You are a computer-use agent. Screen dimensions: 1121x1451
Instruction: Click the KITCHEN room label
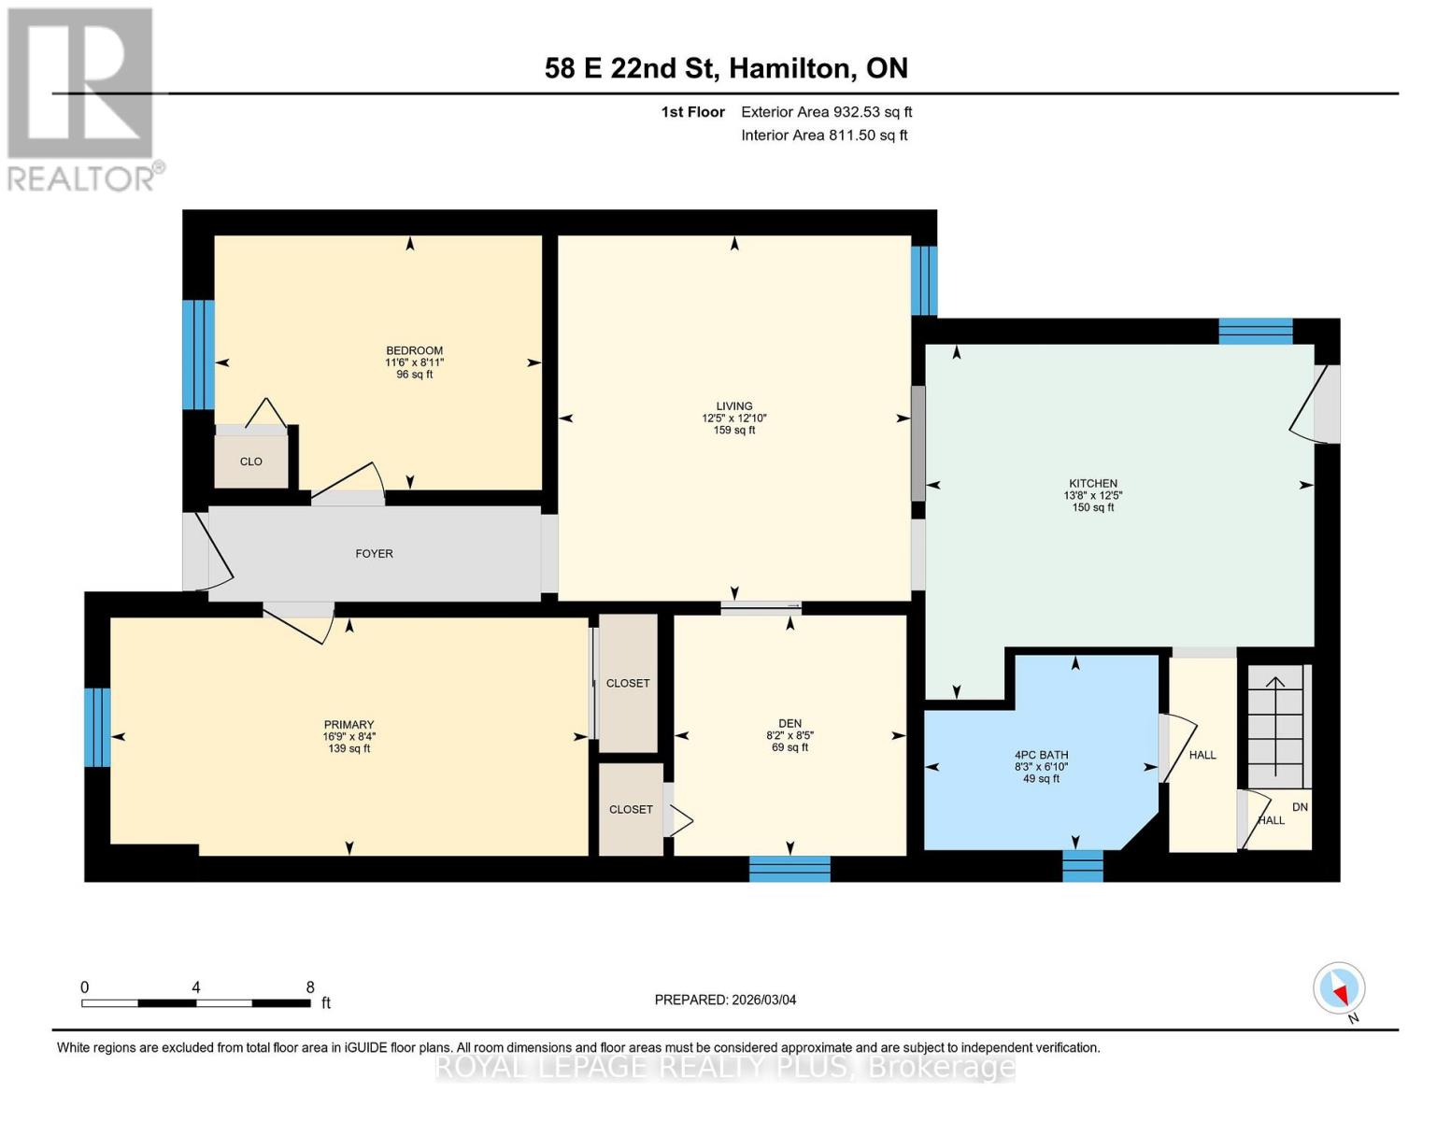[1092, 484]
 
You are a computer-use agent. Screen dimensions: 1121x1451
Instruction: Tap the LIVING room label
[733, 406]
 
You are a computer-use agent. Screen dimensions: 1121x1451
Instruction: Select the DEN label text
[790, 723]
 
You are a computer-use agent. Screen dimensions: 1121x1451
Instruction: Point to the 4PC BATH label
[1041, 755]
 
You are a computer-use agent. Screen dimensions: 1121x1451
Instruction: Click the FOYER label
[374, 554]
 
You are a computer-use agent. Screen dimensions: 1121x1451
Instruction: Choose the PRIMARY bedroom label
[349, 725]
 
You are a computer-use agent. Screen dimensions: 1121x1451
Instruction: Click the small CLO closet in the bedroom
[250, 461]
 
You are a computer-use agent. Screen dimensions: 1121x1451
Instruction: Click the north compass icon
[1339, 988]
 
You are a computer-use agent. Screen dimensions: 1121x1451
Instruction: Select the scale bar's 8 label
[310, 987]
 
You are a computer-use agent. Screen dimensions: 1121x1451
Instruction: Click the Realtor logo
[81, 98]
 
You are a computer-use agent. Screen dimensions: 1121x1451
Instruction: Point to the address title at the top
[726, 68]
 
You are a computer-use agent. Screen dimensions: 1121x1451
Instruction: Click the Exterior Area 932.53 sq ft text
[826, 112]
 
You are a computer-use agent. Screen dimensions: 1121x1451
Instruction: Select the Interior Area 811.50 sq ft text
[824, 135]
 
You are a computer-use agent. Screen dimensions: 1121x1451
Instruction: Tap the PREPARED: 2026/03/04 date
[725, 1000]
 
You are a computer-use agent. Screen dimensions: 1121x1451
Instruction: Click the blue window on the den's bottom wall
[790, 869]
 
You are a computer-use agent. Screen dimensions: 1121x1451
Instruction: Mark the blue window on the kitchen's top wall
[1255, 332]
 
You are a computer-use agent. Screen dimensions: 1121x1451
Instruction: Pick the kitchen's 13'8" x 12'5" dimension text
[1092, 496]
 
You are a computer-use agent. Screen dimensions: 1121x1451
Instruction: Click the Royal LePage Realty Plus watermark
[725, 1067]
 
